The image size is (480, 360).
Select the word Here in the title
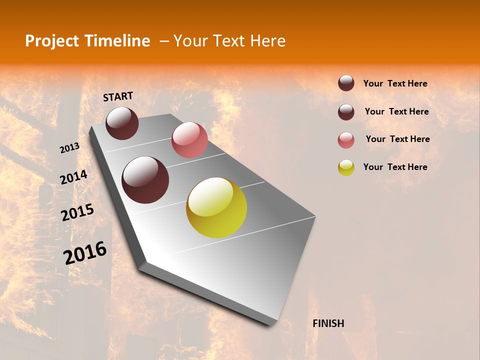(267, 41)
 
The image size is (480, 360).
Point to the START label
(118, 96)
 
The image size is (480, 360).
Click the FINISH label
(328, 323)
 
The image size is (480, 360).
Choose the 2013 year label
(70, 148)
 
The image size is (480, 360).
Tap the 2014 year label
(74, 177)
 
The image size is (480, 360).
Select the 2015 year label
(77, 212)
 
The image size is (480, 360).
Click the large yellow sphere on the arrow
(216, 208)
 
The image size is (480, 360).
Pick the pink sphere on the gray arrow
(189, 140)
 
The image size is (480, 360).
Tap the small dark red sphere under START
(122, 123)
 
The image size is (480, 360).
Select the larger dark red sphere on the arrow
(145, 180)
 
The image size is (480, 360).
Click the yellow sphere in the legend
(346, 167)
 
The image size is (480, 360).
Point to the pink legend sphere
(346, 140)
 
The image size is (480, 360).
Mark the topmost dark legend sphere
(346, 83)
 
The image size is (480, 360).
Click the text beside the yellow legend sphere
(395, 167)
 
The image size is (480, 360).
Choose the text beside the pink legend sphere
(397, 139)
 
